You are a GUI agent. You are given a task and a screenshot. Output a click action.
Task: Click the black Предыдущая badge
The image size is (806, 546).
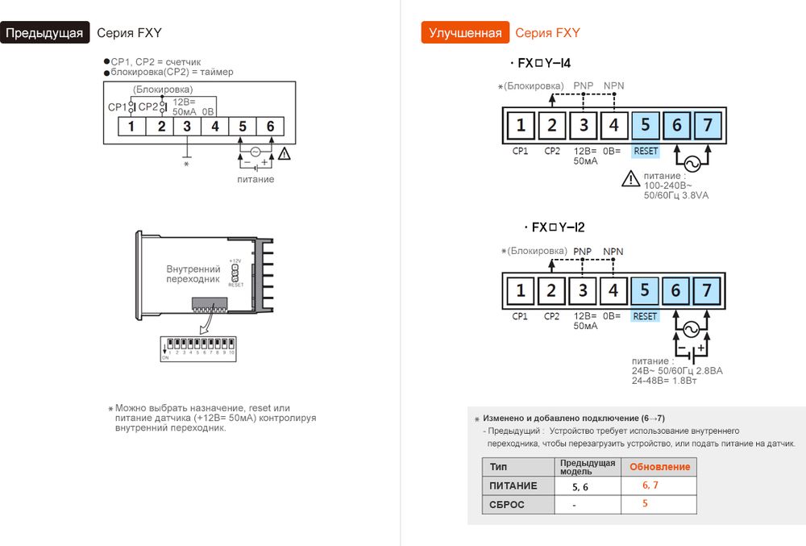point(45,33)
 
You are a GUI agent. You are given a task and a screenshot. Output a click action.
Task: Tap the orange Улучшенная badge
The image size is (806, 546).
point(465,33)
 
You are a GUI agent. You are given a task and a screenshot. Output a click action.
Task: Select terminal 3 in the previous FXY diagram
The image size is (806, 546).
point(187,126)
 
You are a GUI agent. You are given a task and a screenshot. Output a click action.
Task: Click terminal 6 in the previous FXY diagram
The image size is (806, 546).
point(270,126)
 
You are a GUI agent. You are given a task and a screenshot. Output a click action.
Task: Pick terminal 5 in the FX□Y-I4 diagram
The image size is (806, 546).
point(645,124)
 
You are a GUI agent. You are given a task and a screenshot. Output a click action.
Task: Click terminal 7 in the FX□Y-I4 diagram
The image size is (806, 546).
point(707,124)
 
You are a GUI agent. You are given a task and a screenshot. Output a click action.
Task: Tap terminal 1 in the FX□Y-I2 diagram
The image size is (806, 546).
point(521,290)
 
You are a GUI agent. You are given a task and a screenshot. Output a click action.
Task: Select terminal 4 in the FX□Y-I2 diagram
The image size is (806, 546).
point(613,290)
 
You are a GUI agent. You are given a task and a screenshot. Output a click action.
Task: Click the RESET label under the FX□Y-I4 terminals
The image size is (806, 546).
point(646,151)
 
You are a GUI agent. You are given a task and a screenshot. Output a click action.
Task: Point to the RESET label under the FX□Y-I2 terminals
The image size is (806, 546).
point(645,316)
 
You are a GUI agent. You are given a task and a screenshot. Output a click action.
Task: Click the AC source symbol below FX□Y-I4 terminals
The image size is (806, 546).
point(691,165)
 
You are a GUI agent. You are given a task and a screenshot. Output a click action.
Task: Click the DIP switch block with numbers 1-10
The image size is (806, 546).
point(198,348)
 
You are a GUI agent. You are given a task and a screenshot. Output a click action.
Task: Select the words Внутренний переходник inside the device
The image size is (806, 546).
point(193,273)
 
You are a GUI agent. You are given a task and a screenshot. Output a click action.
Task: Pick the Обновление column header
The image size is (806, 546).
point(659,467)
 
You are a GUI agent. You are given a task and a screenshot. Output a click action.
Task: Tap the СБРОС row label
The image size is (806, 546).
point(507,504)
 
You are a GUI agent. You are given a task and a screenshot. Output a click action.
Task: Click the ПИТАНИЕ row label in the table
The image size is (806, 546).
point(513,486)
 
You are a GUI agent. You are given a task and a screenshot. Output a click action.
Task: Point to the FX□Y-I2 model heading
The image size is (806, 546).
point(553,227)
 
